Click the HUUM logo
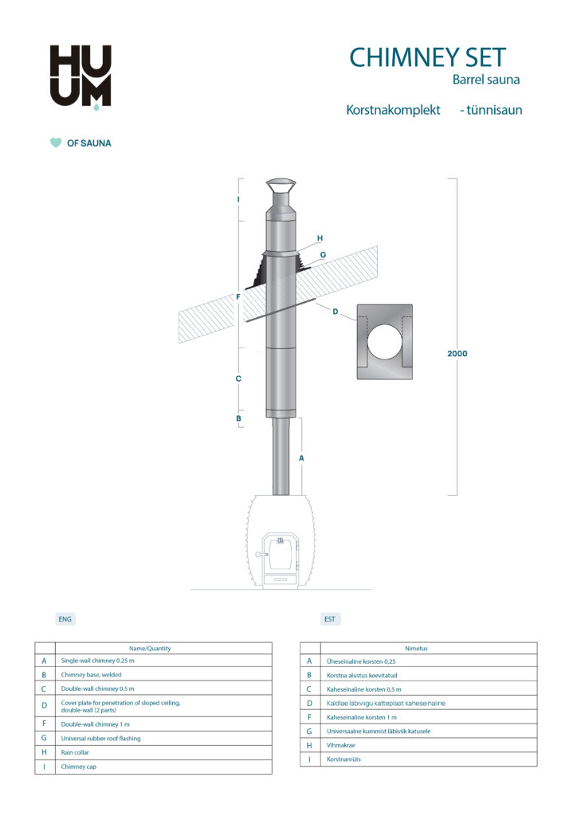[x=80, y=76]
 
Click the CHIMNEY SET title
[x=427, y=57]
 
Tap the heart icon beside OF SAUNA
[x=55, y=143]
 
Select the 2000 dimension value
[x=457, y=353]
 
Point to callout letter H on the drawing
[x=320, y=238]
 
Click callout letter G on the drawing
[x=323, y=255]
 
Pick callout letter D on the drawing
[x=336, y=312]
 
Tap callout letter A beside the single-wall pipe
[x=301, y=458]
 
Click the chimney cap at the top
[x=280, y=191]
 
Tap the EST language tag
[x=330, y=618]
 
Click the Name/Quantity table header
[x=150, y=649]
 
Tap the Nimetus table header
[x=416, y=649]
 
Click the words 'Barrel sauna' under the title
[x=486, y=80]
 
